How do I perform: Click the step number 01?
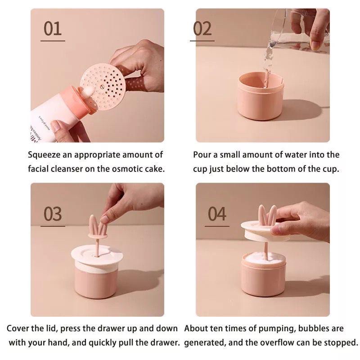(x=53, y=29)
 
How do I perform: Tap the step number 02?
(x=202, y=29)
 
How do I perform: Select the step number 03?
(x=53, y=214)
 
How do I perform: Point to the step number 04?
(x=217, y=214)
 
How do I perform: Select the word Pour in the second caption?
(x=202, y=155)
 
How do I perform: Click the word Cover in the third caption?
(x=18, y=328)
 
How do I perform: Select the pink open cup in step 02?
(x=261, y=96)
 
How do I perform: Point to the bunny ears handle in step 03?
(x=98, y=227)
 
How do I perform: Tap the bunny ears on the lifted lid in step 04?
(x=267, y=215)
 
